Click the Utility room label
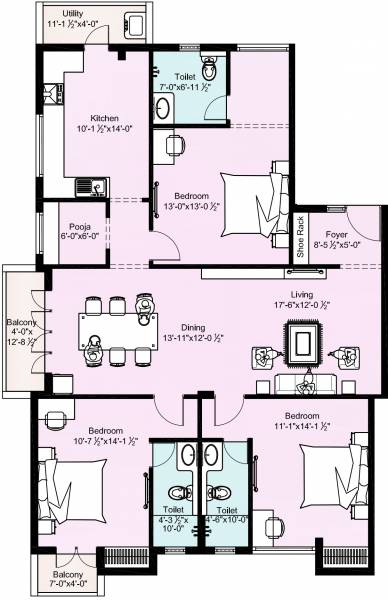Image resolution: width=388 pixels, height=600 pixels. point(72,14)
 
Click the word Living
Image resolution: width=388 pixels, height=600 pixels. point(302,294)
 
